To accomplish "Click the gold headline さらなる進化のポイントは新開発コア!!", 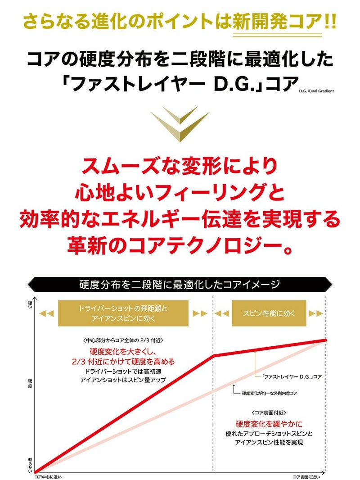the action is (180, 22).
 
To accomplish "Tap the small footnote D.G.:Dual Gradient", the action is (316, 91).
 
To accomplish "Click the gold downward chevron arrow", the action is (180, 124).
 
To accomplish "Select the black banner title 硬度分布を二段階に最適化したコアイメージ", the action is (180, 285).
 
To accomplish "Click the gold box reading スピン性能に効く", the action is (269, 313).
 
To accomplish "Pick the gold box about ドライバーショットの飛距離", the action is (123, 313).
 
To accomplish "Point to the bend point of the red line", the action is (213, 356).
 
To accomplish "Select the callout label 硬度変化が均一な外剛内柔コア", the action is (270, 393).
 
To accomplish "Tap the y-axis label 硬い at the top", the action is (30, 304).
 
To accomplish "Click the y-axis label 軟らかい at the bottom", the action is (30, 465).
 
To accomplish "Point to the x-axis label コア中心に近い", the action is (48, 477).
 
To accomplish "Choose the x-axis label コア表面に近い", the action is (306, 477).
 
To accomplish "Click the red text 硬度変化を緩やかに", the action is (269, 424).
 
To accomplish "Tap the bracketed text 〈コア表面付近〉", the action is (269, 412).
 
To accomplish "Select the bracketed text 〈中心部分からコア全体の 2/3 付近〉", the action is (123, 340).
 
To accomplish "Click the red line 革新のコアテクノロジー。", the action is (180, 245).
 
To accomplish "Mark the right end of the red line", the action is (325, 340).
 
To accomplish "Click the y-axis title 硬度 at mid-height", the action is (30, 384).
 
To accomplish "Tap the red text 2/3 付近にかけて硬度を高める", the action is (123, 362).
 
